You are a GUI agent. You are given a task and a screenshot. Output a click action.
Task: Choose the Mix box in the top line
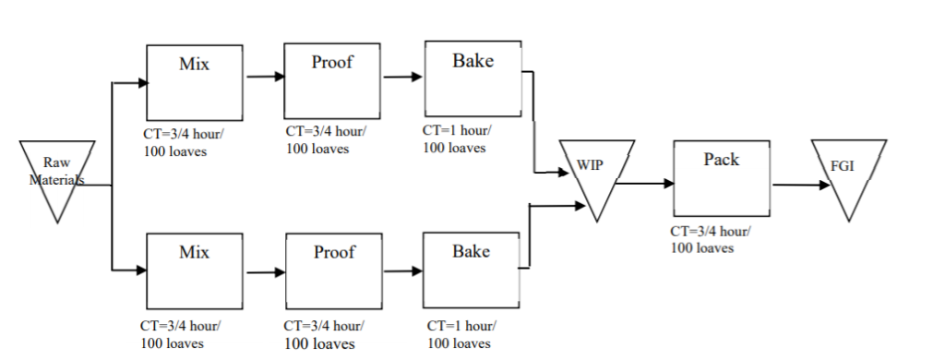tap(194, 78)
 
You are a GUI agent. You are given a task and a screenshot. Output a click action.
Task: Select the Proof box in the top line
tap(332, 78)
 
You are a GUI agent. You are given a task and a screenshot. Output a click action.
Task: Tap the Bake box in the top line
tap(472, 78)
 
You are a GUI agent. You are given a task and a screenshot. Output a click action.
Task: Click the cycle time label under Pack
tap(711, 239)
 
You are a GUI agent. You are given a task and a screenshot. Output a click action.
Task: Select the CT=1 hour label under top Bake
tap(457, 138)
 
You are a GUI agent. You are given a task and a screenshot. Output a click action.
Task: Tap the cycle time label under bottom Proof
tap(323, 334)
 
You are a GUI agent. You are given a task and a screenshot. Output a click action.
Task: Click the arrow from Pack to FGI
tap(801, 185)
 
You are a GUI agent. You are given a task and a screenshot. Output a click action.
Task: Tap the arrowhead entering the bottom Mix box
tap(142, 270)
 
